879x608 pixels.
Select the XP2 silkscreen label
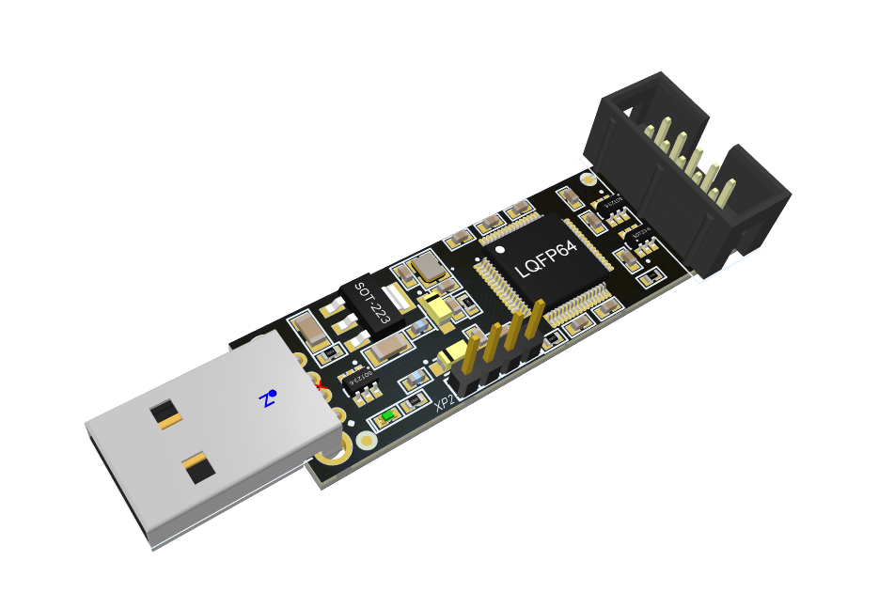(x=445, y=403)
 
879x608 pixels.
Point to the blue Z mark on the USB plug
(x=269, y=398)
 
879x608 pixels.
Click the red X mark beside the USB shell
(x=322, y=384)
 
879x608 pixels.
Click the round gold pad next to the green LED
(x=367, y=439)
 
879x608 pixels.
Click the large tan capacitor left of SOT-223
(x=309, y=329)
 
